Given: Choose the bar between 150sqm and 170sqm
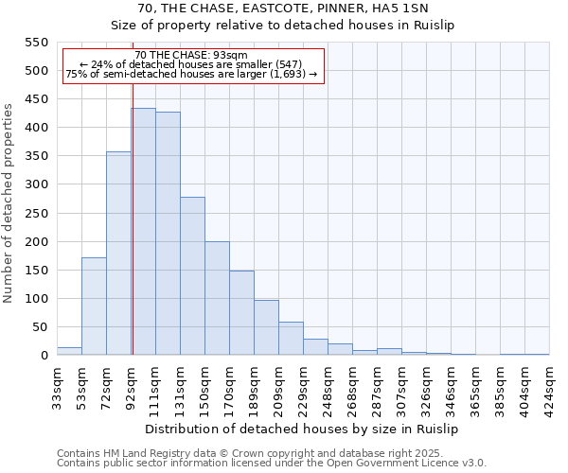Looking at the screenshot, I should pyautogui.click(x=217, y=298).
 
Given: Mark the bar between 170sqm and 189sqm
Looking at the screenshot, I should pyautogui.click(x=241, y=313).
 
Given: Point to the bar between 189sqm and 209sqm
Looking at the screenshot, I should pyautogui.click(x=266, y=327).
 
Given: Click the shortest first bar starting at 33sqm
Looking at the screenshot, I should pyautogui.click(x=69, y=351).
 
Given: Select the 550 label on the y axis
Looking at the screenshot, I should pyautogui.click(x=35, y=43).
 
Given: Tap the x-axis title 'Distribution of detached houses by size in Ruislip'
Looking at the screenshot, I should pyautogui.click(x=303, y=429).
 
